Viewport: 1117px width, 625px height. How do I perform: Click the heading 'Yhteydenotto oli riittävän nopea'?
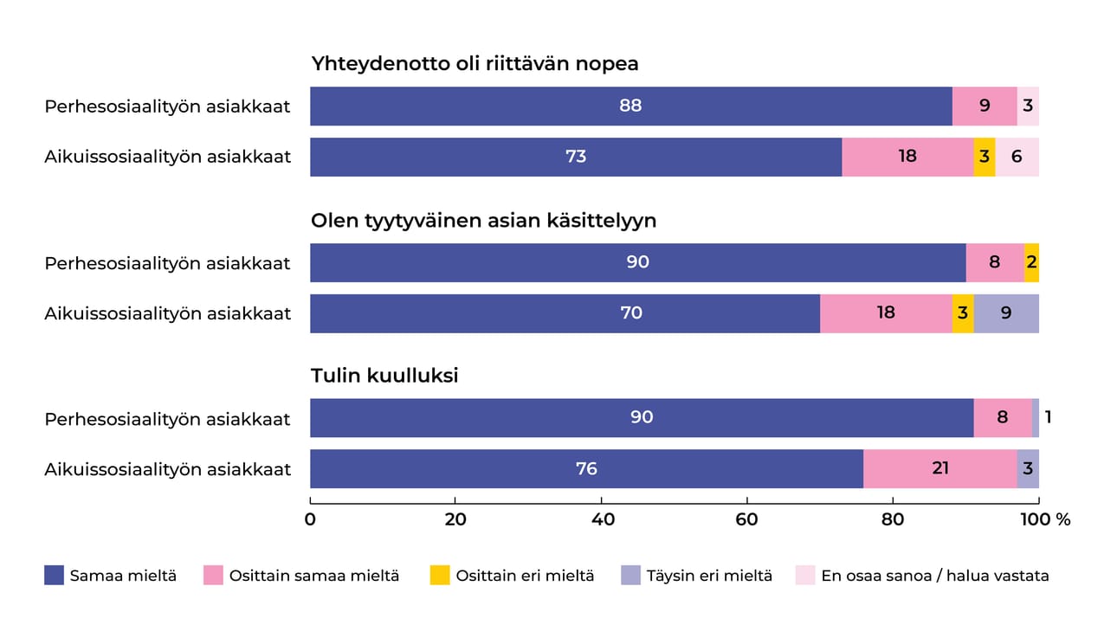click(475, 64)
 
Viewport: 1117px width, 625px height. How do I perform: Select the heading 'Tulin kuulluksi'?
click(384, 376)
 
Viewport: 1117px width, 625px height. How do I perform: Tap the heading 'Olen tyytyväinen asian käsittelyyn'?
click(483, 220)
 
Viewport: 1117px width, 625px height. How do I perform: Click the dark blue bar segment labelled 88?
click(630, 106)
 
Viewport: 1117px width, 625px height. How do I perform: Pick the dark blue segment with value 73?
click(576, 157)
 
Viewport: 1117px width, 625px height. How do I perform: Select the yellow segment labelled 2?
click(1031, 262)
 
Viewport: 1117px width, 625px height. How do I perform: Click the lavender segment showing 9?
click(1005, 312)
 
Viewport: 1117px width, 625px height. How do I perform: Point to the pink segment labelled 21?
click(940, 468)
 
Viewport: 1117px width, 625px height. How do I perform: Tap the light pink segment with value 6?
click(1017, 157)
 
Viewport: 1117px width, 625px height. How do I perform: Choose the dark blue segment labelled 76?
click(586, 468)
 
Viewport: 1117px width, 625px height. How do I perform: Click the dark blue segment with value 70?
click(565, 312)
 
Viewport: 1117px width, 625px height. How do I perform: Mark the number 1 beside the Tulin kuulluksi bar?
click(1048, 417)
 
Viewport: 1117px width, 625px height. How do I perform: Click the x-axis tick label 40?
click(602, 519)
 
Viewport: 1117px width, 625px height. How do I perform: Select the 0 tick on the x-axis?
click(310, 519)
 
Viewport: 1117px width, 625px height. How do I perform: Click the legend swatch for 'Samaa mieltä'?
click(55, 575)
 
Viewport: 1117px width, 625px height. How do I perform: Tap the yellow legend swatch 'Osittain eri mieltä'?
click(440, 575)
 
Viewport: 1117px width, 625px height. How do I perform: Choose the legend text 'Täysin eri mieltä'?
click(708, 575)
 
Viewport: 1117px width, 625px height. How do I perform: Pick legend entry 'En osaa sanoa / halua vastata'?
click(934, 575)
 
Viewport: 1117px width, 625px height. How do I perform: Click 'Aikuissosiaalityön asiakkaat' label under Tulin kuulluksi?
click(168, 469)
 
